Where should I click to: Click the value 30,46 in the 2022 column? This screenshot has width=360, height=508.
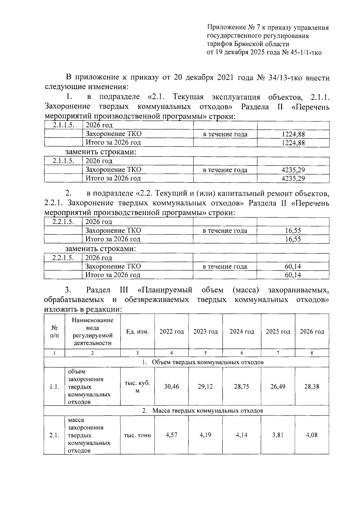coord(171,386)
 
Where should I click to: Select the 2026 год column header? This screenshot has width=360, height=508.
coord(312,331)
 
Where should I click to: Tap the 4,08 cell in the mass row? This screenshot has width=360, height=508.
coord(312,435)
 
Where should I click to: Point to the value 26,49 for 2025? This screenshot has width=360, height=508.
coord(278,386)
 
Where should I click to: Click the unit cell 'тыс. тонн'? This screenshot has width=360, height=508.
coord(137,435)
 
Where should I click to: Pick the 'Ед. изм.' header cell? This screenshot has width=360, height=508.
coord(137,331)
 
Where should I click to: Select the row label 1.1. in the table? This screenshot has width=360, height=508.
coord(54,386)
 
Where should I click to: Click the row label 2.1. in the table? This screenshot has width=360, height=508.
coord(54,435)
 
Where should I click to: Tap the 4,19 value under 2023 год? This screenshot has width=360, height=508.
coord(205,435)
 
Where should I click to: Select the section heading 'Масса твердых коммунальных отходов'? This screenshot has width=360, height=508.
coord(208,410)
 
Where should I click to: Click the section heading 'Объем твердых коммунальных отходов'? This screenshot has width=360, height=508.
coord(208,362)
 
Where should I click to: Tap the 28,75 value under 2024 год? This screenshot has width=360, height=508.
coord(241,386)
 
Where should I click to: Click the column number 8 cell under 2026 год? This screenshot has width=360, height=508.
coord(312,353)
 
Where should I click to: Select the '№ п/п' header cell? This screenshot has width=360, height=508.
coord(54,331)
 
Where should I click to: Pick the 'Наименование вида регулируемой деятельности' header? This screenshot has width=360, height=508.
coord(92,331)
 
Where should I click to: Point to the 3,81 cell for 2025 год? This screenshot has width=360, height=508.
coord(278,435)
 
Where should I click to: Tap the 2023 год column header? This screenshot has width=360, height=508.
coord(205,331)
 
